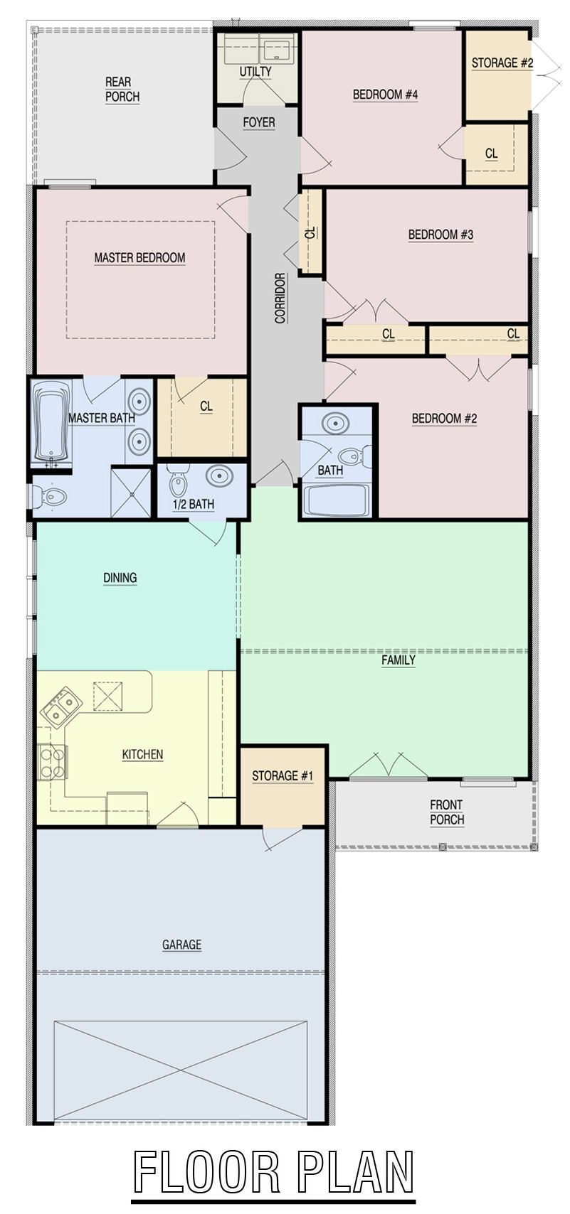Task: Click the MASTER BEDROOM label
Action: click(x=139, y=258)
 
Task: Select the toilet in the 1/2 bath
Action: click(x=177, y=480)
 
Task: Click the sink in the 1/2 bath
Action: click(x=219, y=476)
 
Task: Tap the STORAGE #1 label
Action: click(x=283, y=776)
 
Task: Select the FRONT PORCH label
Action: click(x=447, y=812)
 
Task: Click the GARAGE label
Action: click(x=182, y=945)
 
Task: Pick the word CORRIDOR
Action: click(x=280, y=298)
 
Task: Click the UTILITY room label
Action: click(x=255, y=72)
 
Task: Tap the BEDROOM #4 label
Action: click(x=386, y=95)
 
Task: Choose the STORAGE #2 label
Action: click(x=502, y=63)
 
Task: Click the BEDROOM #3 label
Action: click(x=440, y=235)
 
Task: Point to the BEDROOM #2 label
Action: click(x=444, y=419)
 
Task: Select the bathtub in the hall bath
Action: click(x=336, y=500)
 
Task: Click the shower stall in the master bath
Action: click(x=131, y=492)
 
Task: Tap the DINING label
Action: click(x=120, y=578)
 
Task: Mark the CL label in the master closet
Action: click(x=206, y=407)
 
